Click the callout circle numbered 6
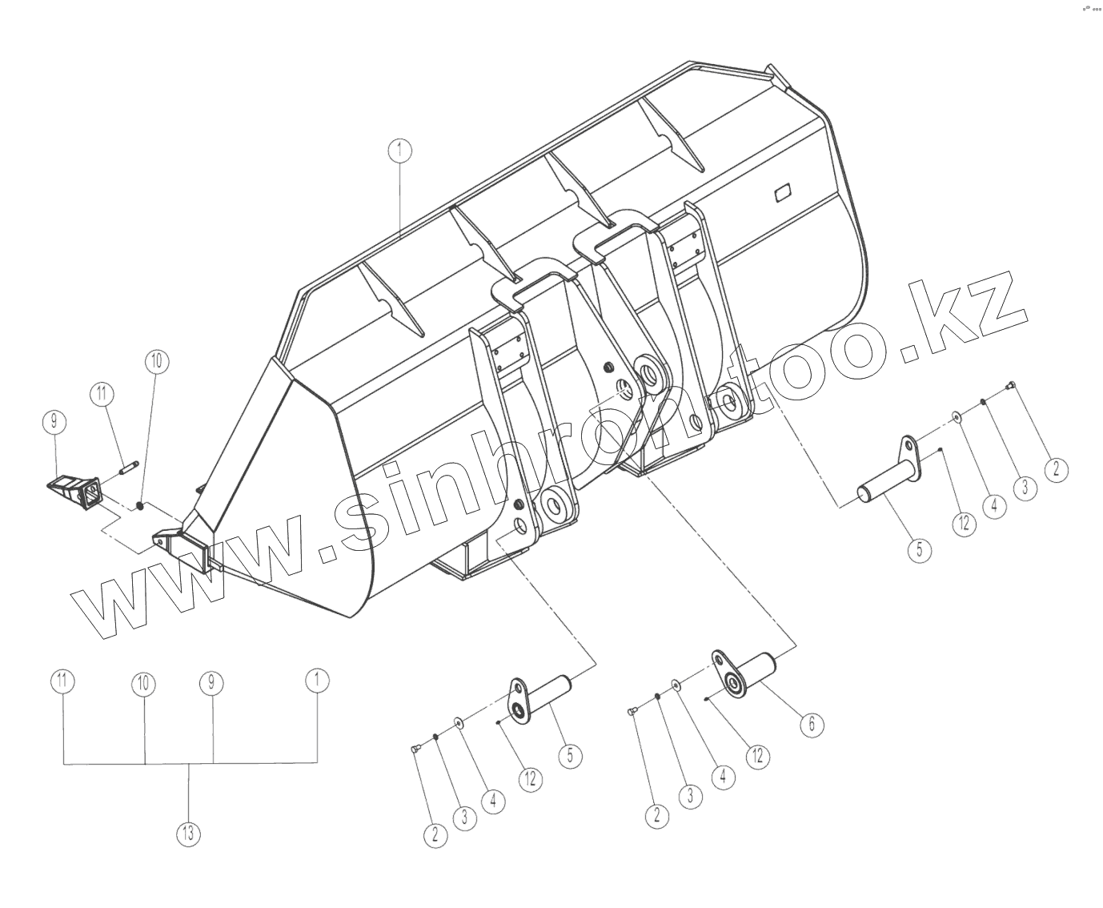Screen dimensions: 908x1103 [x=811, y=724]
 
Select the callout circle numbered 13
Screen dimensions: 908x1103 [x=188, y=834]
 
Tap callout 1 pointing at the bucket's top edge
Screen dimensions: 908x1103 [x=399, y=150]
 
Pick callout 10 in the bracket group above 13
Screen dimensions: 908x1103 [x=144, y=684]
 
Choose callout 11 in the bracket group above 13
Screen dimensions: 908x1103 [x=62, y=682]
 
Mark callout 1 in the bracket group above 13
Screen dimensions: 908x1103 [x=318, y=681]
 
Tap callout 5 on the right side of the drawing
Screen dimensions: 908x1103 [x=919, y=550]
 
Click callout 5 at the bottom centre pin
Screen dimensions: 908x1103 [x=570, y=757]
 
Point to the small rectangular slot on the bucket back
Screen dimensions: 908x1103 [x=782, y=192]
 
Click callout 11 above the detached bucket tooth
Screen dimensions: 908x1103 [x=102, y=394]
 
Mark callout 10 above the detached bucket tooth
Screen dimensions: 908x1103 [x=156, y=362]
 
